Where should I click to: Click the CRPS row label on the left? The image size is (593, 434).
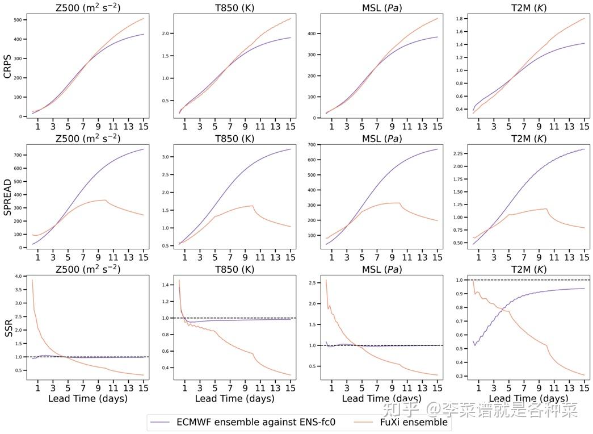pos(9,64)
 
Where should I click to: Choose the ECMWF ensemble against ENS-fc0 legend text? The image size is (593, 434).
pos(255,422)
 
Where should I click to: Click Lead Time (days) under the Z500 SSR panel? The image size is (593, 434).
pos(87,398)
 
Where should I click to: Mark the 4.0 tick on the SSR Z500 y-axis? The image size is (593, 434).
pos(17,276)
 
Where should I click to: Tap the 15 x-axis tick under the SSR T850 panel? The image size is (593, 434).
pos(290,388)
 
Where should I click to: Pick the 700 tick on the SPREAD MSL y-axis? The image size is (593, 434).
pos(311,145)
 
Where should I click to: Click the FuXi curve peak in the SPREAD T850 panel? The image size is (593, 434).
pos(252,206)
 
